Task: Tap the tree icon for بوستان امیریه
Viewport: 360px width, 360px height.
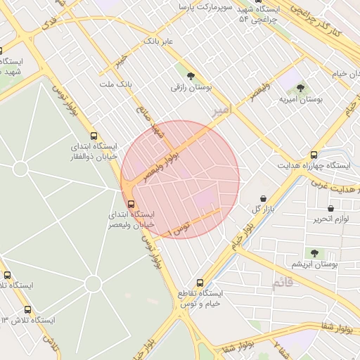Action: [300, 88]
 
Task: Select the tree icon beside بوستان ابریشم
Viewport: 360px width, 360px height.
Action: [314, 252]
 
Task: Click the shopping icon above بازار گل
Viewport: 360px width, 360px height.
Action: [263, 198]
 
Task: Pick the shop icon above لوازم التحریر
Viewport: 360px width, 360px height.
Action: [330, 208]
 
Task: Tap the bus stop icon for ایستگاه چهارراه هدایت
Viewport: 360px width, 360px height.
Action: [314, 155]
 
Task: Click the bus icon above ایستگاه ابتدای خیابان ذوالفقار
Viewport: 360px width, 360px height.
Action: [94, 136]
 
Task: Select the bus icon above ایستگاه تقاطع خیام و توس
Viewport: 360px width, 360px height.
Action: [200, 283]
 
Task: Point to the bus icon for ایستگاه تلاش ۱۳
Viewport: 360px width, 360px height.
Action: [27, 309]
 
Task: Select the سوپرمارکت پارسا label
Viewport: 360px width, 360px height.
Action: [205, 7]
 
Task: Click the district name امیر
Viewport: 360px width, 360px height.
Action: [221, 111]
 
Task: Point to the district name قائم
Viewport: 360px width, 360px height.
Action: [281, 283]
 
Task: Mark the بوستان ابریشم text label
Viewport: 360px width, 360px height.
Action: [316, 264]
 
